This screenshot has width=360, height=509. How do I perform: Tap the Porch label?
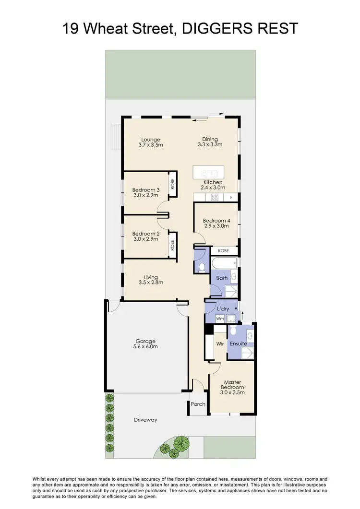click(x=198, y=404)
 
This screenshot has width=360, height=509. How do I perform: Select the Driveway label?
click(x=145, y=420)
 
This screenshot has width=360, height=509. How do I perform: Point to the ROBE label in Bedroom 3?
click(x=172, y=184)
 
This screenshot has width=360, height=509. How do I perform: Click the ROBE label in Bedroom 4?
click(x=223, y=250)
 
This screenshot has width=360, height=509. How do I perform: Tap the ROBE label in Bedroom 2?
click(x=172, y=245)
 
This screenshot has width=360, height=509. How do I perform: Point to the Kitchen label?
click(x=213, y=182)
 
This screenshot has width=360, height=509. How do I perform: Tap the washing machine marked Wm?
click(x=220, y=318)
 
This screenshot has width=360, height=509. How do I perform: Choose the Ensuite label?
click(x=238, y=343)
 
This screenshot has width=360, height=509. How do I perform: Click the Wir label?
click(x=220, y=343)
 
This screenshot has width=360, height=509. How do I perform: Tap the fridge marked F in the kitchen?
click(x=231, y=197)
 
